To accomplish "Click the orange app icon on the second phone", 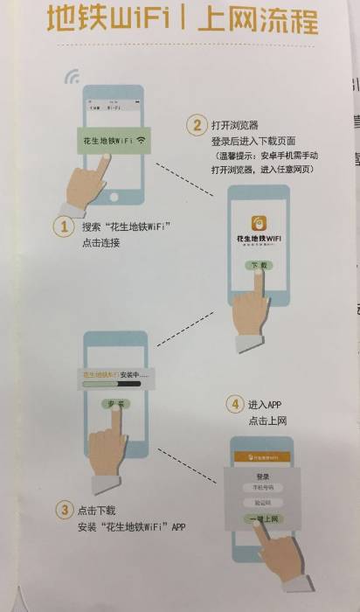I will coord(259,220).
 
